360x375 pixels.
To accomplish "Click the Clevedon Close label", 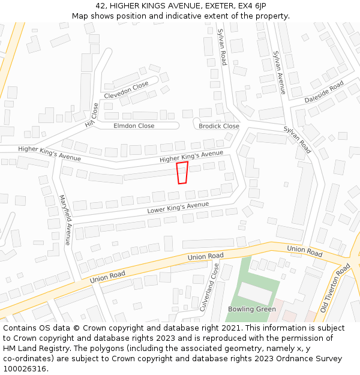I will click(x=126, y=90).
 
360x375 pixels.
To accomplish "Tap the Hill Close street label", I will click(x=92, y=115).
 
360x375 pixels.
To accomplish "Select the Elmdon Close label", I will click(x=134, y=126).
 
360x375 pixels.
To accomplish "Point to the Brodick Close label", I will click(x=219, y=126).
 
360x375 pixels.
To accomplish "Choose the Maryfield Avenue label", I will click(x=65, y=220).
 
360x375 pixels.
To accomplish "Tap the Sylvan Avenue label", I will click(x=280, y=72).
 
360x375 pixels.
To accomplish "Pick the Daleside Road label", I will click(x=324, y=91).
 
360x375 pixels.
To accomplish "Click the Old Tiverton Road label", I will click(x=335, y=288).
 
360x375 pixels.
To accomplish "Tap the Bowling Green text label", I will click(x=252, y=309).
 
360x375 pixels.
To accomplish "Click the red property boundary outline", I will click(x=182, y=173).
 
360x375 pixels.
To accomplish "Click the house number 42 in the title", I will click(x=100, y=6).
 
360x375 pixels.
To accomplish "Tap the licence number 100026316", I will click(x=25, y=369).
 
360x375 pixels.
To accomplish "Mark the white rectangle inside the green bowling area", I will click(x=255, y=293).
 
